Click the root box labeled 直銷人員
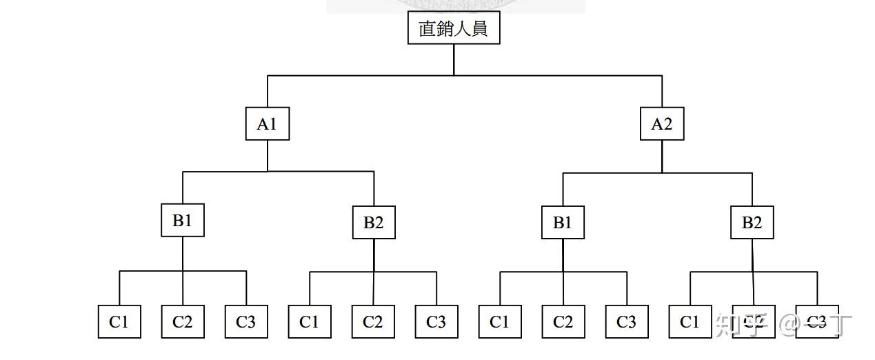(453, 28)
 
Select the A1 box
(268, 124)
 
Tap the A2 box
(662, 124)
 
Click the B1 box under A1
(183, 221)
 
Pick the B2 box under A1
(374, 223)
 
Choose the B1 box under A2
(563, 223)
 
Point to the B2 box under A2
(752, 223)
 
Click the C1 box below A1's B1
(119, 322)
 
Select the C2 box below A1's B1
(183, 322)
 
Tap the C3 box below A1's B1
(246, 322)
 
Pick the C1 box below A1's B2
(310, 322)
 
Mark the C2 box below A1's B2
(373, 322)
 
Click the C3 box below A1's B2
(436, 322)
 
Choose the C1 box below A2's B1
(500, 322)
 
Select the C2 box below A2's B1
(563, 322)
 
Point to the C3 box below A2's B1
(627, 322)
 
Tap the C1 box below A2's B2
(690, 322)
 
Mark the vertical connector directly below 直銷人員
(454, 59)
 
